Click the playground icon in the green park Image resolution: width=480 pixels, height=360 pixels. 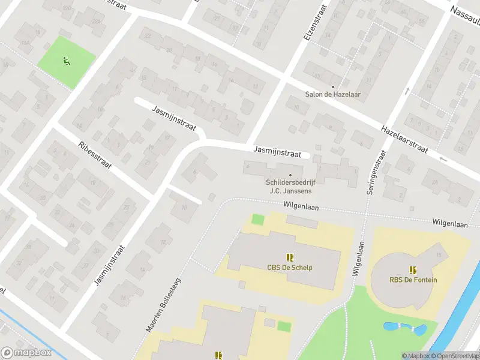point(66,60)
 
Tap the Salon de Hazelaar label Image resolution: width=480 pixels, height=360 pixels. point(333,95)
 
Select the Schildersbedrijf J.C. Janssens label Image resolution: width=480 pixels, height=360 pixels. point(291,187)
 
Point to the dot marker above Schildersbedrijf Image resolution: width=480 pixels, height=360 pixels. point(291,175)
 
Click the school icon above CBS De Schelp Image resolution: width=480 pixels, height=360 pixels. point(290,258)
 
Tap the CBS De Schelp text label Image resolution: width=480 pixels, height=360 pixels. point(290,268)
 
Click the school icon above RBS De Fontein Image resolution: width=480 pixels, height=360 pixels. point(413,270)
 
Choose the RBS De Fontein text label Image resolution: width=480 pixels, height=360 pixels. point(413,280)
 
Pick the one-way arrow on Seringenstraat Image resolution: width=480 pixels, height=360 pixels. point(407,91)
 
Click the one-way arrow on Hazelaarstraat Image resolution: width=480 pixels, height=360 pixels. point(443,159)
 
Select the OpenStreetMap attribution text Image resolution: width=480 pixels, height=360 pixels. point(452,356)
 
